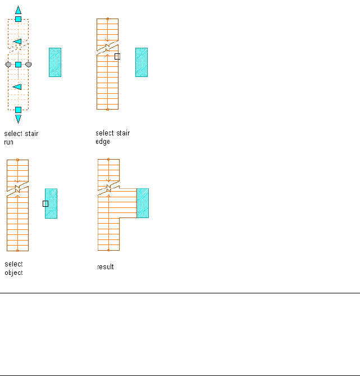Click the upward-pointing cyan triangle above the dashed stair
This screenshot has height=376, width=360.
[18, 10]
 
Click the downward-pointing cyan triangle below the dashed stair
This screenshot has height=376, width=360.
[18, 119]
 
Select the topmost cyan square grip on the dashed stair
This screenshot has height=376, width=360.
[18, 19]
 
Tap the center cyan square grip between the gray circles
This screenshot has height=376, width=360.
[18, 65]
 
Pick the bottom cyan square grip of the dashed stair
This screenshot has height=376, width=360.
[18, 110]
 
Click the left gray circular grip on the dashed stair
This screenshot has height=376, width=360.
[8, 65]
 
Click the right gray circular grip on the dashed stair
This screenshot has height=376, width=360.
[29, 65]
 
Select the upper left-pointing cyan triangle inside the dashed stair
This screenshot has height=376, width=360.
[17, 42]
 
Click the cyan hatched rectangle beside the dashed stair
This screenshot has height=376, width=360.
[55, 62]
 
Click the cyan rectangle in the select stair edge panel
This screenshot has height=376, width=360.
[142, 62]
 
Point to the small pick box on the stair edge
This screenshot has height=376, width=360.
[117, 56]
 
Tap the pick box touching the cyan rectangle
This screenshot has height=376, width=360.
[45, 203]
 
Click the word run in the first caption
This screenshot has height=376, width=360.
[8, 143]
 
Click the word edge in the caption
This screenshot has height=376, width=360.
[103, 142]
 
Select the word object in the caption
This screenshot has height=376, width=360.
[13, 273]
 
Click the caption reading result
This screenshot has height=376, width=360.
[106, 267]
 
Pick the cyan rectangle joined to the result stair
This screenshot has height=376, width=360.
[143, 203]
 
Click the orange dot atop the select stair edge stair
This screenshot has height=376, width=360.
[107, 19]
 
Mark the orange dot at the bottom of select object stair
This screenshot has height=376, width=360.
[17, 250]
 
